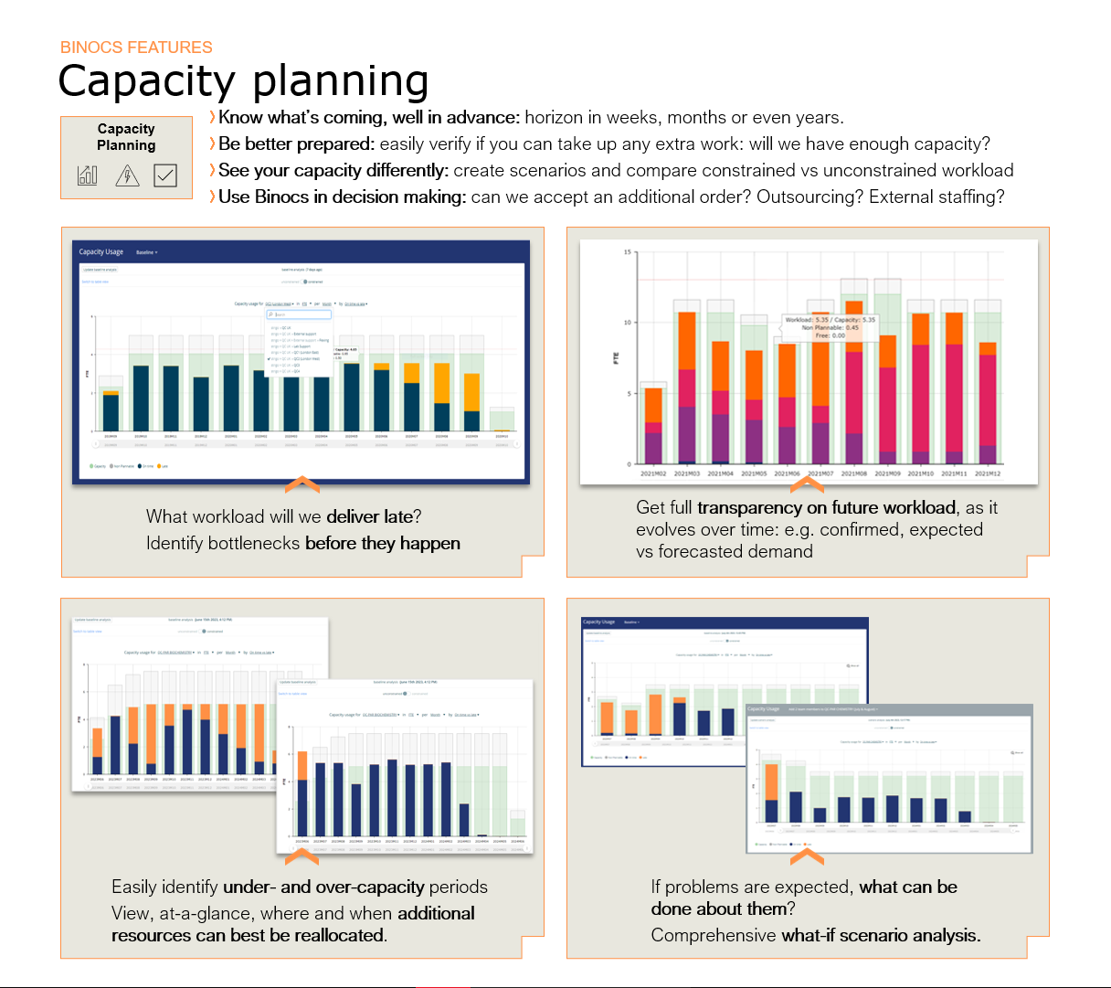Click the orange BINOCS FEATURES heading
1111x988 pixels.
[136, 48]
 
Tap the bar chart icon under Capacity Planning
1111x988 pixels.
[88, 175]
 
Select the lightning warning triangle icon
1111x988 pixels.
[127, 175]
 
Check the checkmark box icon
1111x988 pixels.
[165, 175]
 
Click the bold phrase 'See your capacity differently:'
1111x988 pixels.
[333, 170]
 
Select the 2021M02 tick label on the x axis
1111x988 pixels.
[652, 473]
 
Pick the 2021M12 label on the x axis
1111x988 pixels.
[987, 473]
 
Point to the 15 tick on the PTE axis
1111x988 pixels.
[628, 252]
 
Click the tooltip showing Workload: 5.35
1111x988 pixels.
[830, 327]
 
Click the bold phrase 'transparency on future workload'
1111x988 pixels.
[826, 507]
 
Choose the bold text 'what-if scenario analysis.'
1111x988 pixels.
[881, 935]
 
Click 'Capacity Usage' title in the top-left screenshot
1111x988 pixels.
[101, 252]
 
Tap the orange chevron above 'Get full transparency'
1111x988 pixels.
[807, 483]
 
